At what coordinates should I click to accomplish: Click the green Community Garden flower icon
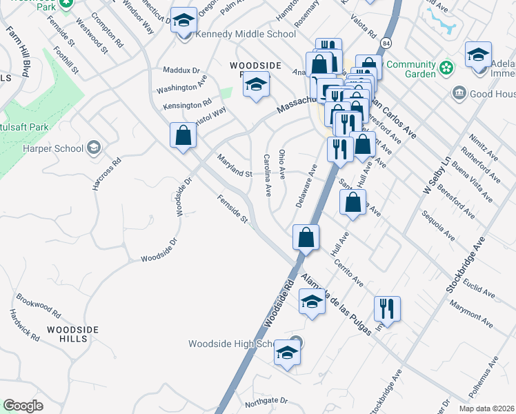[x=447, y=68]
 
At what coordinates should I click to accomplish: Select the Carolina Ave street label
[x=266, y=175]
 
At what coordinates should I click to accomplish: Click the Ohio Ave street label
[x=282, y=163]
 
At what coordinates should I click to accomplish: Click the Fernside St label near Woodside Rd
[x=232, y=208]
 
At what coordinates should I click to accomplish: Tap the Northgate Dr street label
[x=266, y=400]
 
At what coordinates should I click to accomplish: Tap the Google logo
[x=23, y=406]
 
